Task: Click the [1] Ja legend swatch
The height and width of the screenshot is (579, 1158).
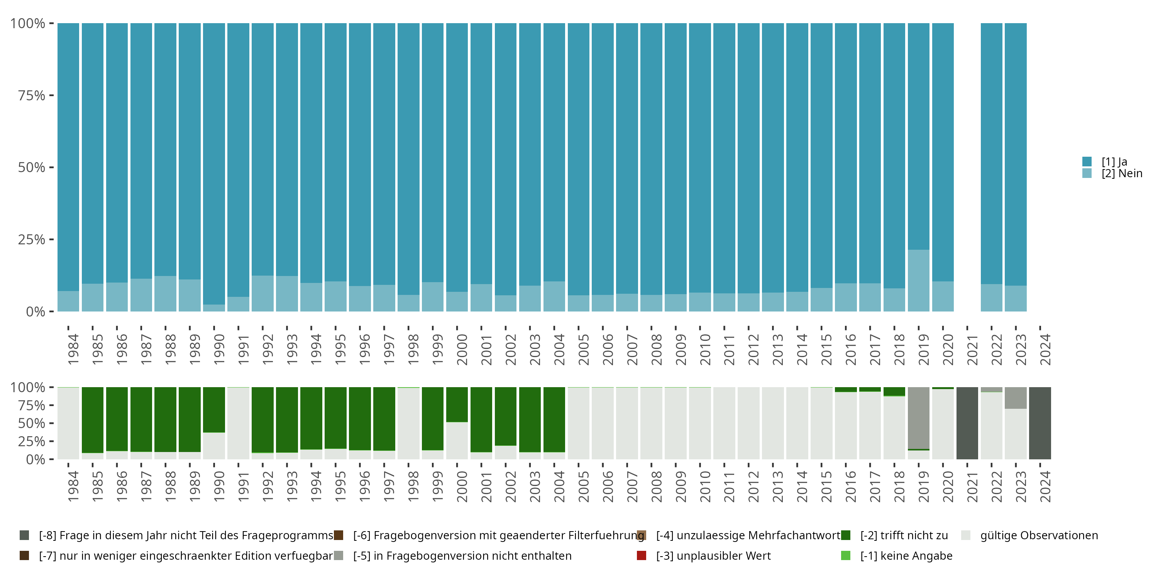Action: click(x=1087, y=161)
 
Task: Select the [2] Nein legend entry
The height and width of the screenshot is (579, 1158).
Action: click(x=1122, y=174)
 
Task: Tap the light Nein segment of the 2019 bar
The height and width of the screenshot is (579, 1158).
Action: click(x=918, y=281)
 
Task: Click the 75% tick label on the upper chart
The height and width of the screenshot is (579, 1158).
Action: click(x=32, y=95)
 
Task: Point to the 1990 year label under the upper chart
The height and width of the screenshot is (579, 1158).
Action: click(x=219, y=349)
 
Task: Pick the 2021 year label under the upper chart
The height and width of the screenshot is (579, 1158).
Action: click(x=972, y=349)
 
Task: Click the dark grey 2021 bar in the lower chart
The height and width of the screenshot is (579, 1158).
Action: click(x=967, y=423)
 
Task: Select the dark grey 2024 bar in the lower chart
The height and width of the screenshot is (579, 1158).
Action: click(x=1040, y=423)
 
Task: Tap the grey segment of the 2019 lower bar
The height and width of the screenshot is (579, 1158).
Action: click(x=918, y=418)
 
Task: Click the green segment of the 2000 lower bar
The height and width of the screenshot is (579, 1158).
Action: click(x=457, y=404)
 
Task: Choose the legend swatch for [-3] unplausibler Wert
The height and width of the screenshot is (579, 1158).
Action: click(x=642, y=555)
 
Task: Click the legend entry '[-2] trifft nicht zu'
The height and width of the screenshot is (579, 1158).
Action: click(x=904, y=535)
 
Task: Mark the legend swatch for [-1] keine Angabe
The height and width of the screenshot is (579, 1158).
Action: click(x=846, y=555)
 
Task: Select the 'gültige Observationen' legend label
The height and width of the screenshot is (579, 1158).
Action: click(x=1039, y=535)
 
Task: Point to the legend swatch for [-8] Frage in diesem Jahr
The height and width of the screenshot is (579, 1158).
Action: click(x=24, y=535)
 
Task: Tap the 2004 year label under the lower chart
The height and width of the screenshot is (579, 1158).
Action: click(x=559, y=486)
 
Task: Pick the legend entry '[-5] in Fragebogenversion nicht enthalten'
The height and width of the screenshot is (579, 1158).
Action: click(x=462, y=555)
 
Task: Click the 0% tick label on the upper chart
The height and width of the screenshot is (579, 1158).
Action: click(x=35, y=312)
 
